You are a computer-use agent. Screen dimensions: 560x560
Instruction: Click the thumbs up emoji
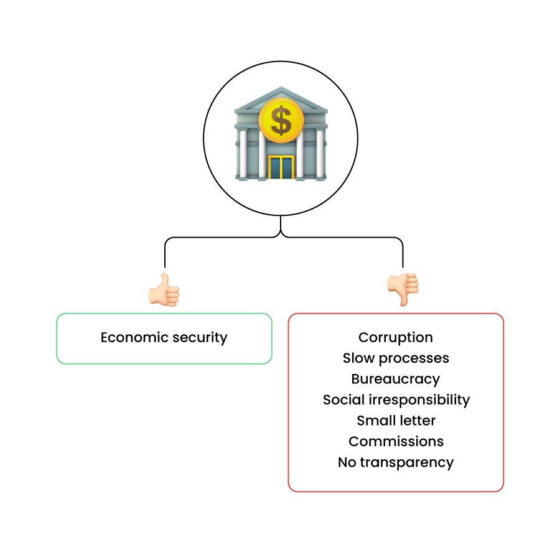click(x=164, y=290)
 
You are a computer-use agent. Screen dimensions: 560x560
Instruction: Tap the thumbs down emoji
click(x=403, y=289)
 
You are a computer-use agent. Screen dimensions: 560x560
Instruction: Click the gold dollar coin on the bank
click(x=281, y=121)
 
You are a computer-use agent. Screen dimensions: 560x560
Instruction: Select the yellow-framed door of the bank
click(x=281, y=167)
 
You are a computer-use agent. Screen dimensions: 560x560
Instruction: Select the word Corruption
click(x=396, y=338)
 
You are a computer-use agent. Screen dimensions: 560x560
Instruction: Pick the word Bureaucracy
click(x=396, y=380)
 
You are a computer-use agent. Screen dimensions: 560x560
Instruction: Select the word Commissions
click(x=396, y=442)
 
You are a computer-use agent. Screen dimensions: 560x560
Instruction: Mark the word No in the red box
click(x=347, y=462)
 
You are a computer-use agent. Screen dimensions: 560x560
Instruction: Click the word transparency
click(x=406, y=463)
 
